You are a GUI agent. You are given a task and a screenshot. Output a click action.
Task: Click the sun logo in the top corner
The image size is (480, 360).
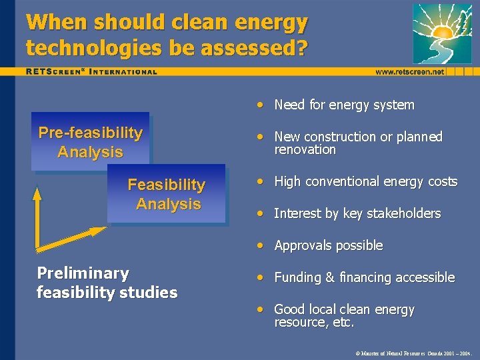click(441, 33)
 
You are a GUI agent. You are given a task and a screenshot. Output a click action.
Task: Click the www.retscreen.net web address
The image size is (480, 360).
click(409, 71)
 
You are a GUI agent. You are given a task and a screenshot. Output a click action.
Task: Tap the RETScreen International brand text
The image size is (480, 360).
click(92, 71)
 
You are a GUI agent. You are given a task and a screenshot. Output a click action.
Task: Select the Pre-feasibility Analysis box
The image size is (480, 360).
click(91, 142)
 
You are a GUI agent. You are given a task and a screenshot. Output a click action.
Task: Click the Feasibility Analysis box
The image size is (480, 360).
click(167, 194)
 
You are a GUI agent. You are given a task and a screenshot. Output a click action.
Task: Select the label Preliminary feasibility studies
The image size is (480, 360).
click(107, 283)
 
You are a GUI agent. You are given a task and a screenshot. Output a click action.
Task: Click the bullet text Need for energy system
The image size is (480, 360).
click(344, 105)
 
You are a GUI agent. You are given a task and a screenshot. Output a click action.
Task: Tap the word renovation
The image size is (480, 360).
click(305, 150)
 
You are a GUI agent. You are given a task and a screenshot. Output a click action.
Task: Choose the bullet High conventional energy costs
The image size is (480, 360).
click(365, 181)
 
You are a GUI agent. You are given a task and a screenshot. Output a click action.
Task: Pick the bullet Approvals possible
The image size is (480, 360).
click(328, 245)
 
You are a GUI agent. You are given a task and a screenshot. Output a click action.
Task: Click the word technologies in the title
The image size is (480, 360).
click(84, 47)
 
